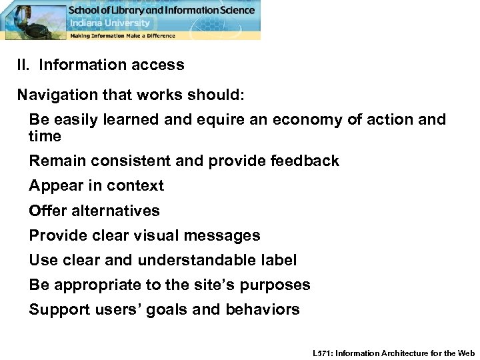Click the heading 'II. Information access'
click(x=101, y=65)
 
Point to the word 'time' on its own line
click(x=45, y=137)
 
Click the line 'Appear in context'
click(x=96, y=186)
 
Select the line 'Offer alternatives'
click(x=94, y=211)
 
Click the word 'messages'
click(x=227, y=236)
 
